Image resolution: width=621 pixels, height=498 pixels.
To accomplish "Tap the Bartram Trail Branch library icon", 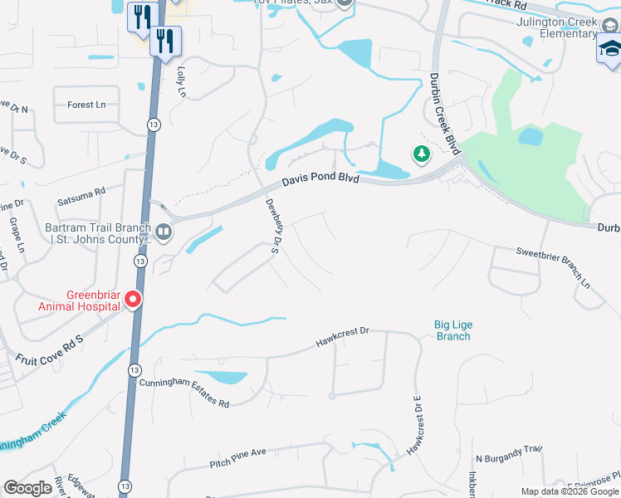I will pyautogui.click(x=163, y=232).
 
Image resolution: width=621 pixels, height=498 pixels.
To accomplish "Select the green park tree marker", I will pyautogui.click(x=422, y=154).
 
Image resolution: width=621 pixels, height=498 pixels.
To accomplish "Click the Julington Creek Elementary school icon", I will pyautogui.click(x=609, y=51).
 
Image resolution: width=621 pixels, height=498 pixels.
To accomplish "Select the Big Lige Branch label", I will pyautogui.click(x=452, y=330).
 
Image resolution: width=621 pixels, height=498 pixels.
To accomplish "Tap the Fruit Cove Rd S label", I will pyautogui.click(x=51, y=350).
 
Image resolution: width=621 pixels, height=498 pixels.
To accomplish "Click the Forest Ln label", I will pyautogui.click(x=86, y=105).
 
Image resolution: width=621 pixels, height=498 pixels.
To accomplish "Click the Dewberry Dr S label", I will pyautogui.click(x=271, y=223).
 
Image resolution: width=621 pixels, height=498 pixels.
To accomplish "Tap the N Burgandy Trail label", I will pyautogui.click(x=508, y=454).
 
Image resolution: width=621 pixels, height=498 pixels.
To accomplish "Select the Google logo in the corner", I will pyautogui.click(x=27, y=488).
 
